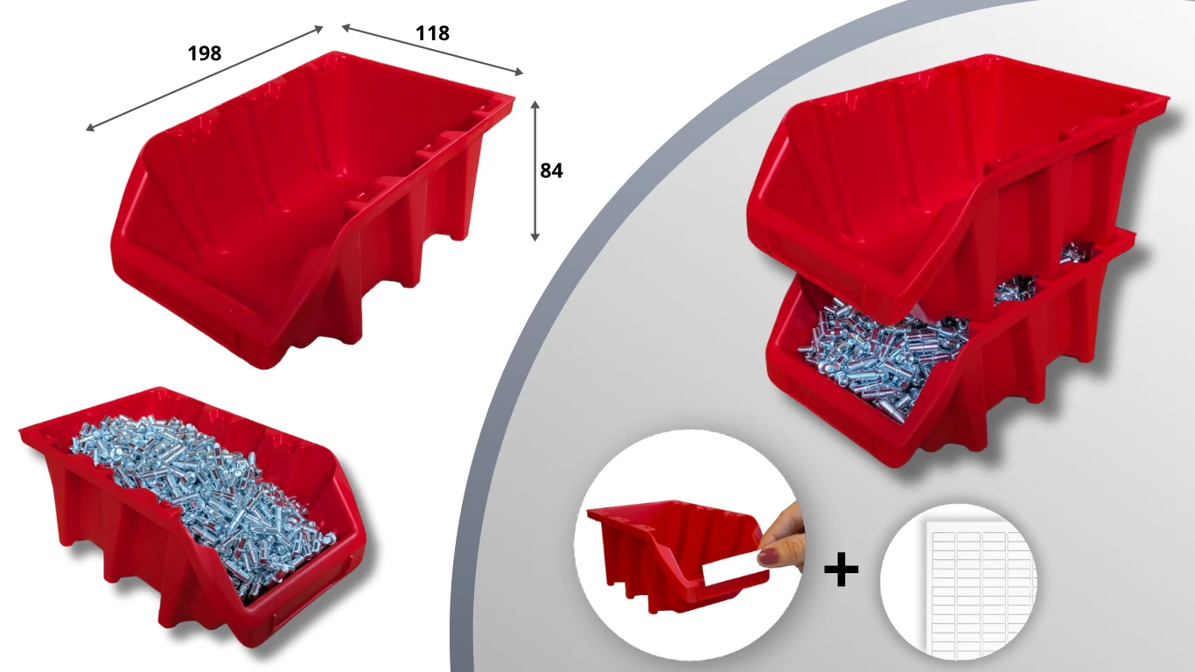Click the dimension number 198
(205, 53)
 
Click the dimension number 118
(432, 33)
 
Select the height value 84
(551, 171)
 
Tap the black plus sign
(842, 570)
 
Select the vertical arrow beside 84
(535, 171)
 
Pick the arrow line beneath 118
(432, 50)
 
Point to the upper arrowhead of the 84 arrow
(535, 103)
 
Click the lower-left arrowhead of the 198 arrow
(89, 128)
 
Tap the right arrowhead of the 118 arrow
(519, 72)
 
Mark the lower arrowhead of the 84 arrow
(535, 237)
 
